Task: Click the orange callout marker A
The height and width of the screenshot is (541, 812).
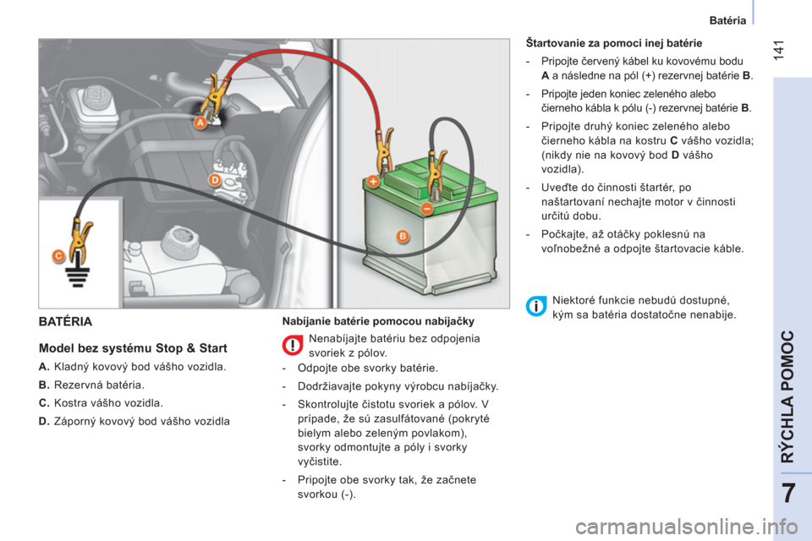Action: tap(200, 123)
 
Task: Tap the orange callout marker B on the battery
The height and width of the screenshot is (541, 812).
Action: tap(403, 236)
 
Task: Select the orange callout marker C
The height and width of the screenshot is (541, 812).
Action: tap(58, 256)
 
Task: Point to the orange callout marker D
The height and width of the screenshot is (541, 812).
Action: tap(215, 180)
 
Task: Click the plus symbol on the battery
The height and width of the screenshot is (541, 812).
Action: tap(373, 182)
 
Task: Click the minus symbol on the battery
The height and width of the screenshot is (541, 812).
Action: tap(426, 209)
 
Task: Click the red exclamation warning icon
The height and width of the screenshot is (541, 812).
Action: tap(293, 345)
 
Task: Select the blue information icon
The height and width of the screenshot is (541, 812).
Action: tap(536, 307)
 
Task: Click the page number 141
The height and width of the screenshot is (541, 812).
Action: tap(778, 50)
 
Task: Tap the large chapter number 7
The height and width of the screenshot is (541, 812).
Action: tap(788, 494)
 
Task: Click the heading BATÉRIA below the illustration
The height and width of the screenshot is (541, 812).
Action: tap(65, 321)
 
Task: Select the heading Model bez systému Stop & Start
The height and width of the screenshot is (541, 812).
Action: tap(133, 348)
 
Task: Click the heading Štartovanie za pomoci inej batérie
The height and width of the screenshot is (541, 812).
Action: tap(614, 43)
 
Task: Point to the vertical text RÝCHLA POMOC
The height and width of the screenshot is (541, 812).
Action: tap(787, 396)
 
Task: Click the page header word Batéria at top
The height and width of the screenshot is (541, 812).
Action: tap(727, 20)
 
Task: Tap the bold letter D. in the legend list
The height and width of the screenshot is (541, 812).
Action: tap(44, 422)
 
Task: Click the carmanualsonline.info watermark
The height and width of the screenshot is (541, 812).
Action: tap(687, 527)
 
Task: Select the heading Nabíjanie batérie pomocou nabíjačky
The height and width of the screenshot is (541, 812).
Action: tap(378, 321)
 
